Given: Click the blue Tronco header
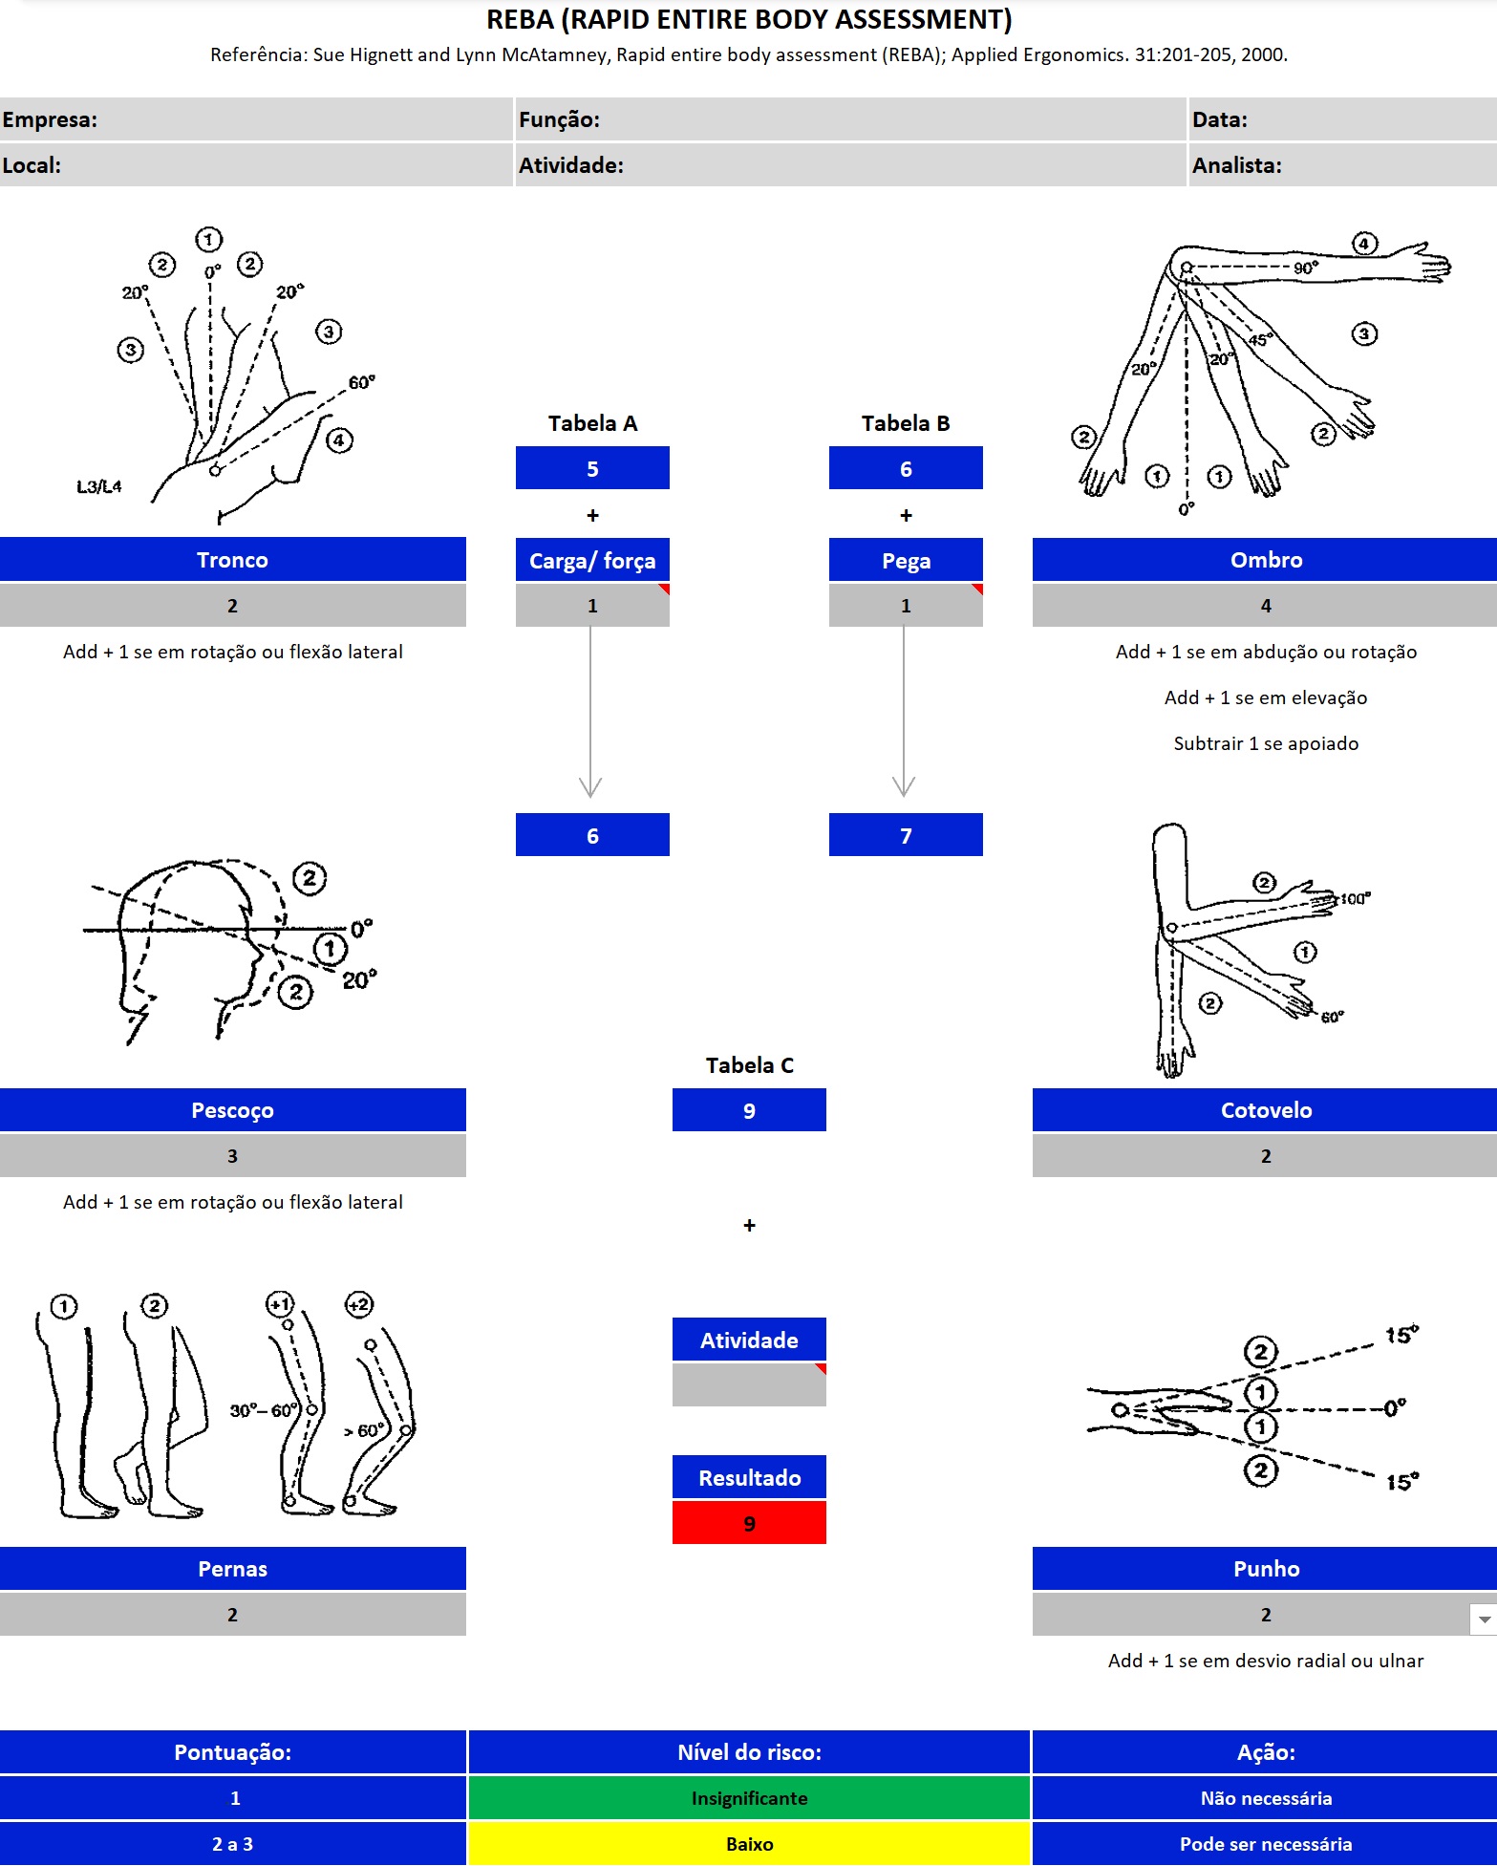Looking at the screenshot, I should tap(232, 560).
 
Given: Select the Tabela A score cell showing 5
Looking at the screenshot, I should tap(592, 468).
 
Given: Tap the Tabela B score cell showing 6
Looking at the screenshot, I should tap(905, 468).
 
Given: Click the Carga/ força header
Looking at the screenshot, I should tap(592, 560).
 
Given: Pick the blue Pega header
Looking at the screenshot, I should tap(905, 560).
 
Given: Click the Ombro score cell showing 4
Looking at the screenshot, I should tap(1265, 606).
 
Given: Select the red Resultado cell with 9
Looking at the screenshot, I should tap(749, 1523).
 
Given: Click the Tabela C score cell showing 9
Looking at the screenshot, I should tap(749, 1110).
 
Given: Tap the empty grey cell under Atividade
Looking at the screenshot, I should tap(749, 1385).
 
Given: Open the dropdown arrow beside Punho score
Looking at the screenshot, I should tap(1484, 1619).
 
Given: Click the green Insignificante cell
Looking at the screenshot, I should tap(749, 1798).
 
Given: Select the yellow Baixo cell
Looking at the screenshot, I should tap(749, 1844).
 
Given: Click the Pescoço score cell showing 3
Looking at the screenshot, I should tap(232, 1156).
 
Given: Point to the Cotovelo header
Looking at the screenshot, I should tap(1265, 1110).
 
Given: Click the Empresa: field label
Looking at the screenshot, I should tap(50, 119).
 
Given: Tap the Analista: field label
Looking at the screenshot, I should tap(1236, 165).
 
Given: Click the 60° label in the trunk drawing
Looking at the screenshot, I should tap(361, 382).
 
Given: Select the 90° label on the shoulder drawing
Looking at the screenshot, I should tap(1305, 268).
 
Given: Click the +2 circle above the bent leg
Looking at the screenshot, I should tap(359, 1304).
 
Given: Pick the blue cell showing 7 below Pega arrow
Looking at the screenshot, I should tap(905, 835).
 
